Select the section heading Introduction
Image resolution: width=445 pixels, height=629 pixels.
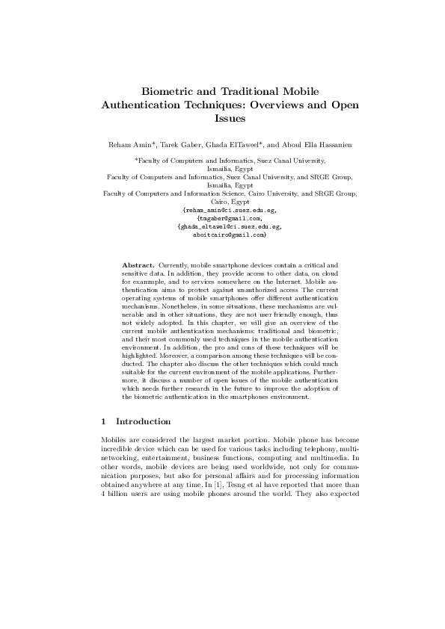pos(144,421)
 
